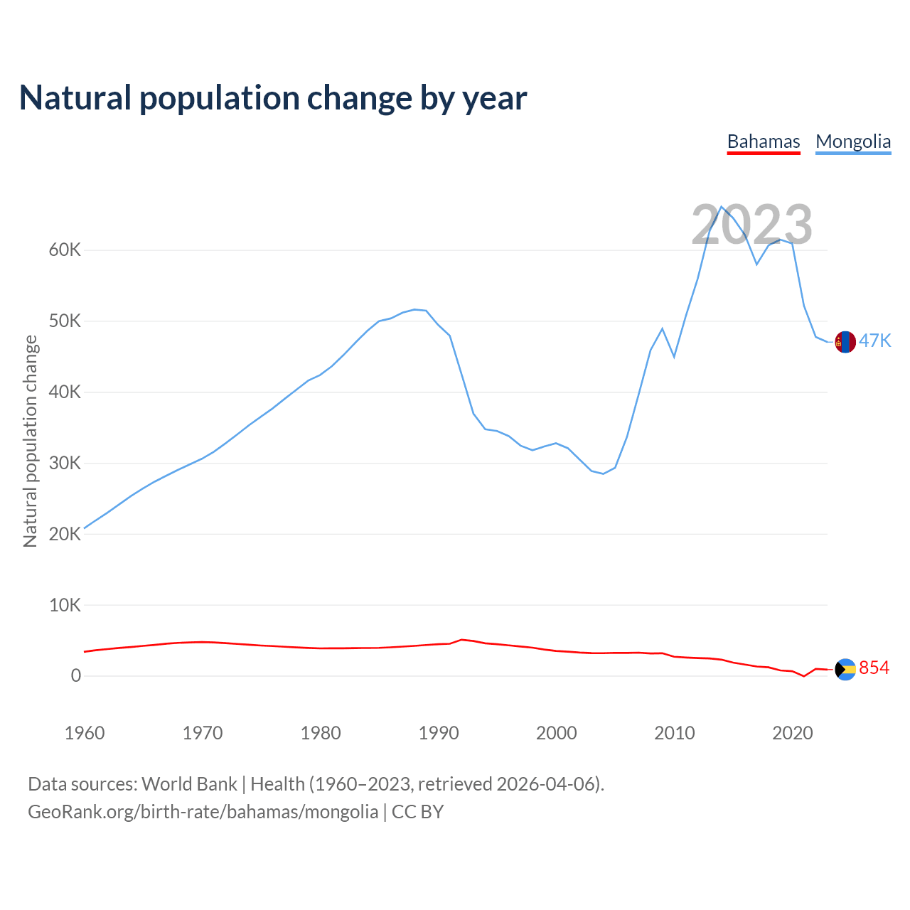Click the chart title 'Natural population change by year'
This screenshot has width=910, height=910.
pos(273,98)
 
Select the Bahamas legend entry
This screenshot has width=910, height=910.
pos(764,141)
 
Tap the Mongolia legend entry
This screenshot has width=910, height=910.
pos(853,141)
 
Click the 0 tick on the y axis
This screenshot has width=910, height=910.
pos(76,676)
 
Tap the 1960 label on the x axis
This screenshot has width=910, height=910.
pos(85,733)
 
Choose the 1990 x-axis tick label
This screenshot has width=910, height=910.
pos(439,733)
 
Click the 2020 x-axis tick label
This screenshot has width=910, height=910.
pos(793,733)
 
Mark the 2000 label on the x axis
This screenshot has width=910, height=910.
pos(557,733)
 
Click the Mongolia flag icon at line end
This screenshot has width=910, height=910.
pos(845,342)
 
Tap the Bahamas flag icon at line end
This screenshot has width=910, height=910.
pos(845,669)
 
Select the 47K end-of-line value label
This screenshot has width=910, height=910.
pos(874,341)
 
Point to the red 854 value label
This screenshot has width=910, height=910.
pos(874,668)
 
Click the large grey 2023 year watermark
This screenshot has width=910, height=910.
pos(751,225)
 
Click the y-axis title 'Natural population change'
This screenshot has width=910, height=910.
pos(31,441)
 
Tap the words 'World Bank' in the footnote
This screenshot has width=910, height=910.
pos(189,784)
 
